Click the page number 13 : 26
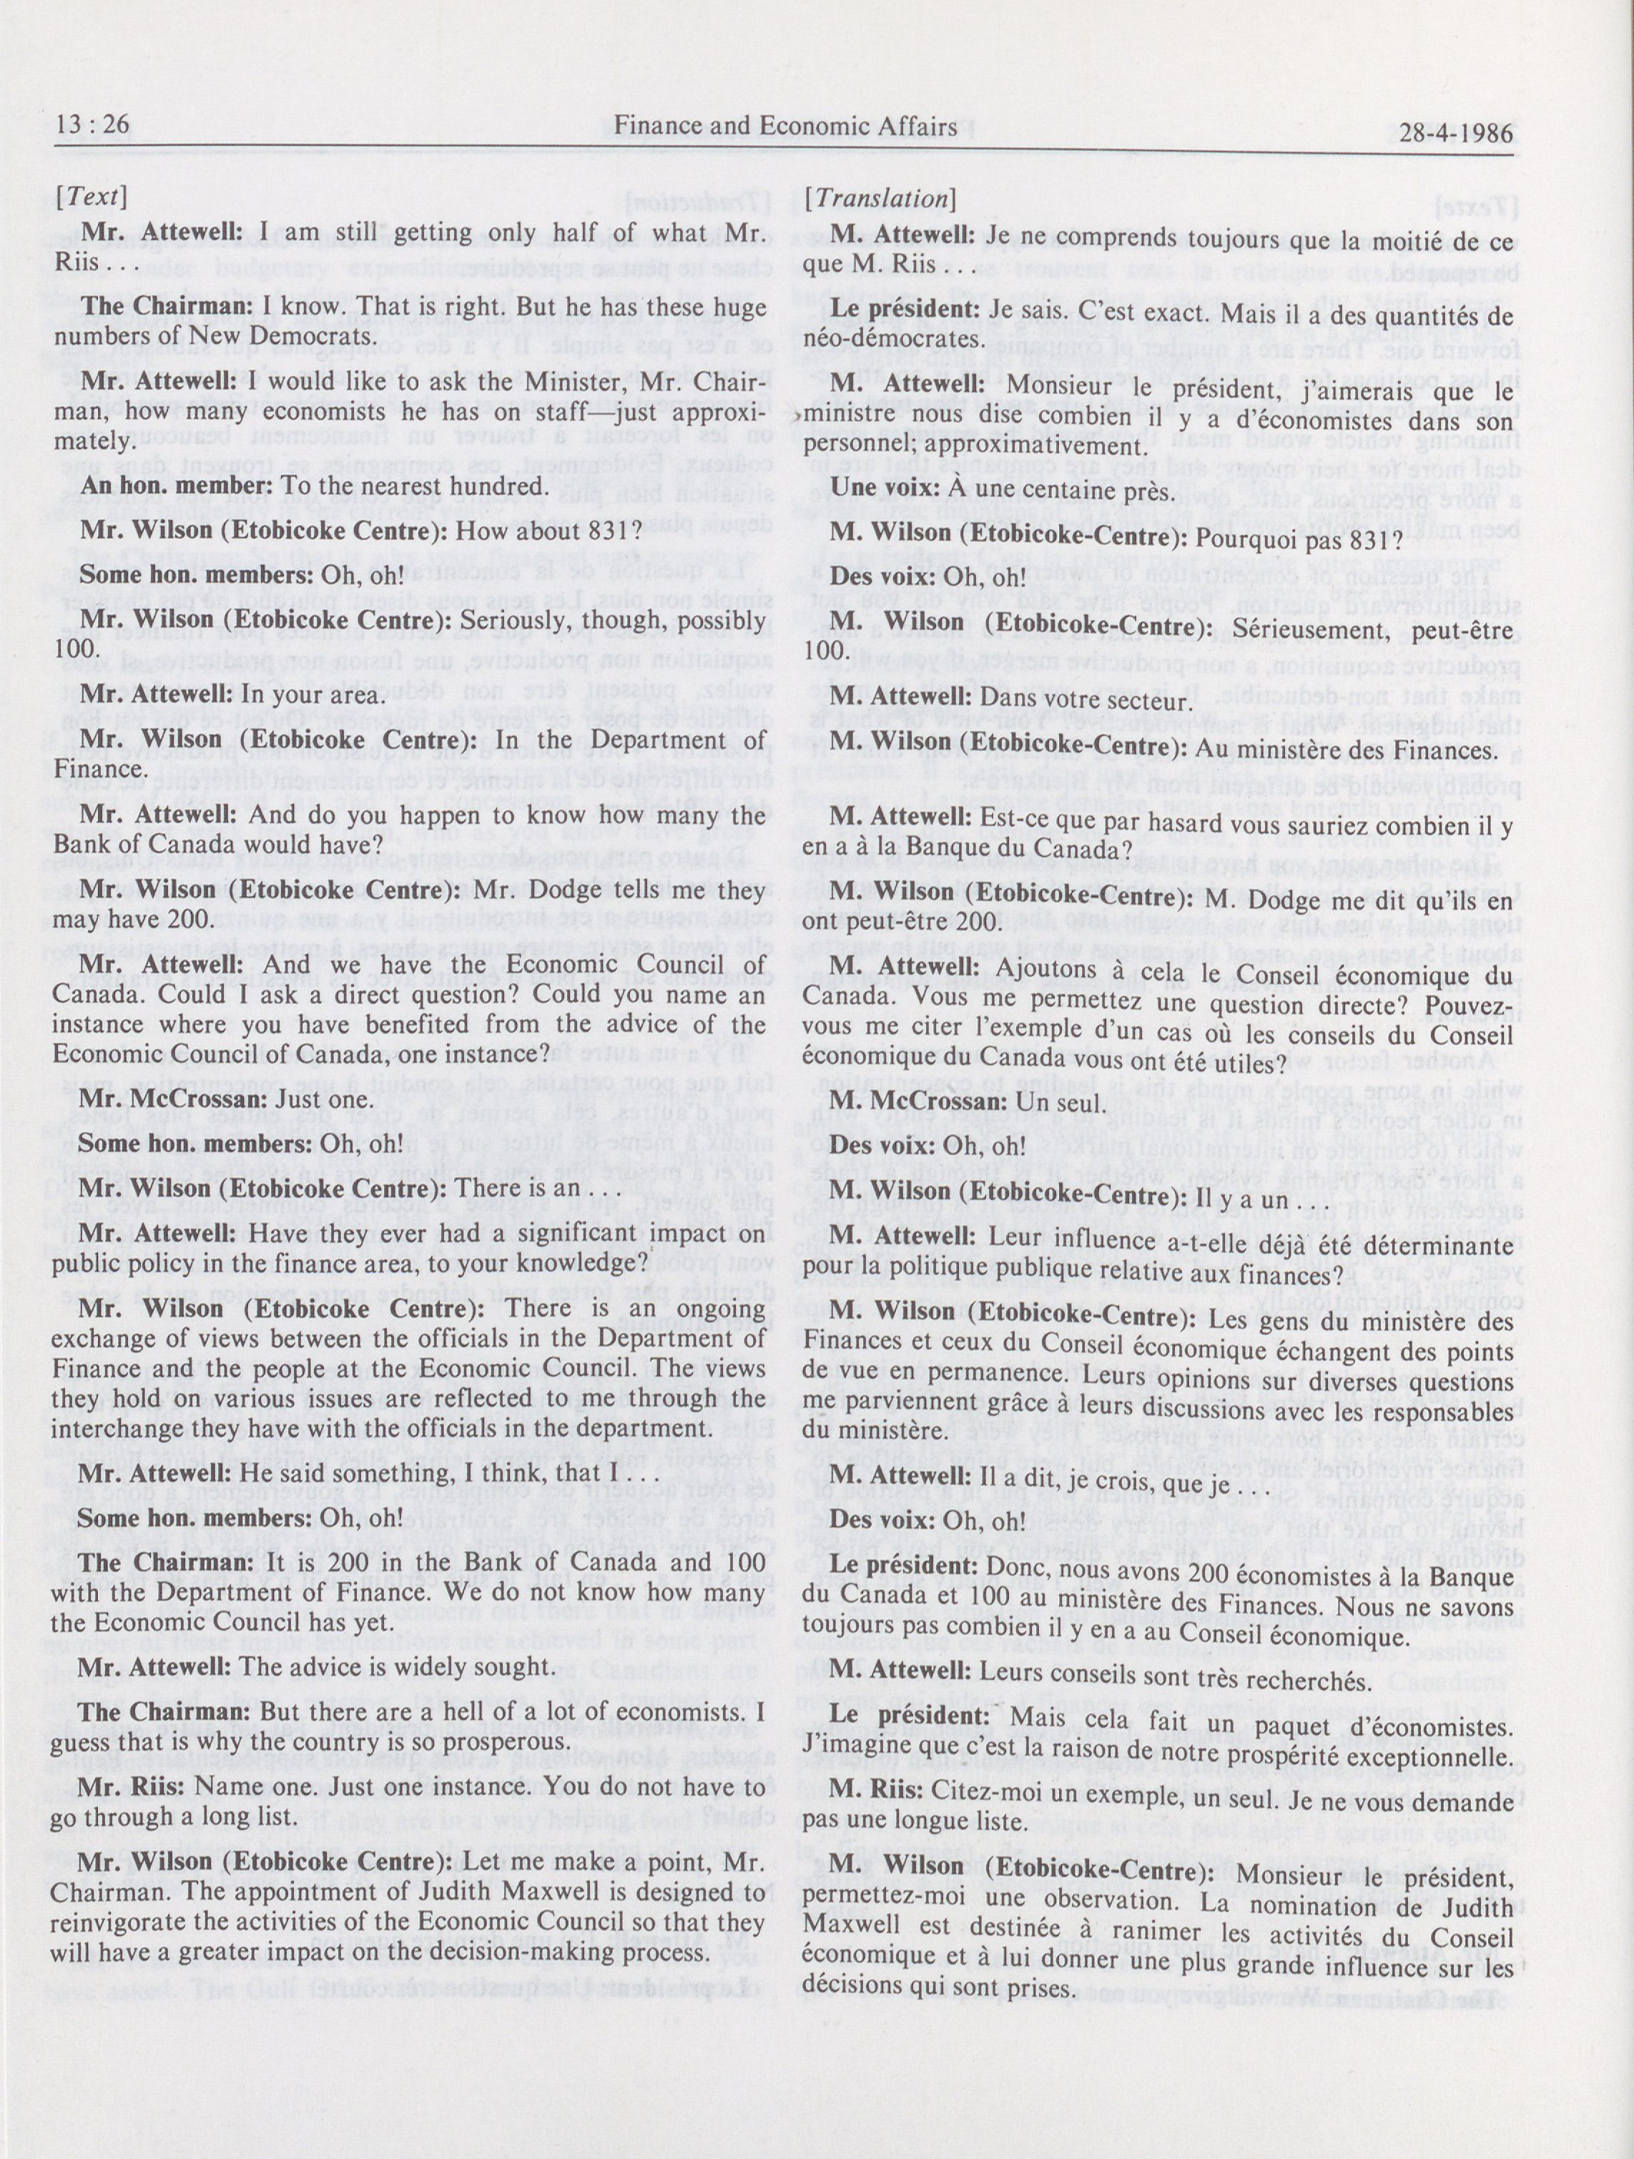coord(93,126)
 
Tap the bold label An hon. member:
coord(179,486)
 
